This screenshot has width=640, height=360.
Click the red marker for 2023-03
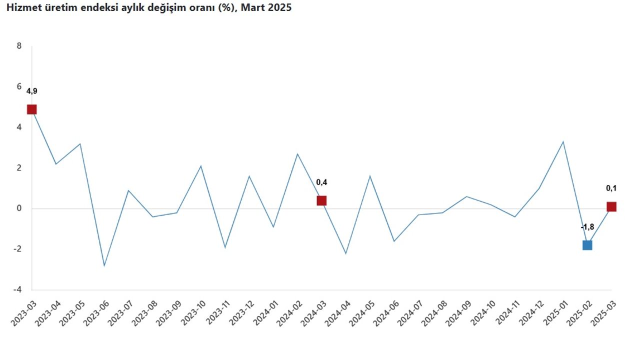(31, 109)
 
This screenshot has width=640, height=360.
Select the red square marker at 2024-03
(321, 200)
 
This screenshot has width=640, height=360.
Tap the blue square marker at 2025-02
(587, 245)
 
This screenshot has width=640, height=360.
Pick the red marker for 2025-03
(611, 206)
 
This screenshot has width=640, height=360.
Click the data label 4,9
(31, 91)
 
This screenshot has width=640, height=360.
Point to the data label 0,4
(321, 182)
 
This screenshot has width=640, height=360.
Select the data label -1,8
(587, 227)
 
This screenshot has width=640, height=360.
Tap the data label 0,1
(611, 188)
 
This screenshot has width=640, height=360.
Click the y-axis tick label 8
(19, 46)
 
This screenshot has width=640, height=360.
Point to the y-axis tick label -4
(18, 289)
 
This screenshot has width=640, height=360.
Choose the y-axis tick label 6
(19, 86)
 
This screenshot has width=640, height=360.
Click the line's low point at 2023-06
(104, 265)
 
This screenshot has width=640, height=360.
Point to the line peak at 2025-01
(563, 141)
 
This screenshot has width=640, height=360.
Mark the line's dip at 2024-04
(345, 253)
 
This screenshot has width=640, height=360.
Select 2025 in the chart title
(279, 8)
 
